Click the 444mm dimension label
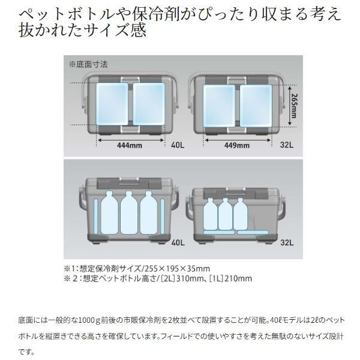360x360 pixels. coord(130,145)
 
